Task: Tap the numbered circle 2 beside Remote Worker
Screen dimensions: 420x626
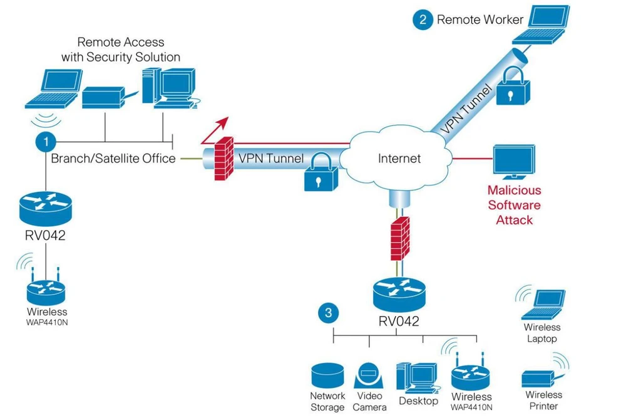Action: pos(423,19)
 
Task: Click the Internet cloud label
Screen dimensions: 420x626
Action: pos(399,158)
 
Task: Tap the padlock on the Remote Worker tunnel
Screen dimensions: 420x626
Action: pos(513,88)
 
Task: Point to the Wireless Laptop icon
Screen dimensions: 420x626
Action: pos(543,305)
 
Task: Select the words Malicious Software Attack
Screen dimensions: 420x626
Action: pos(514,204)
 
